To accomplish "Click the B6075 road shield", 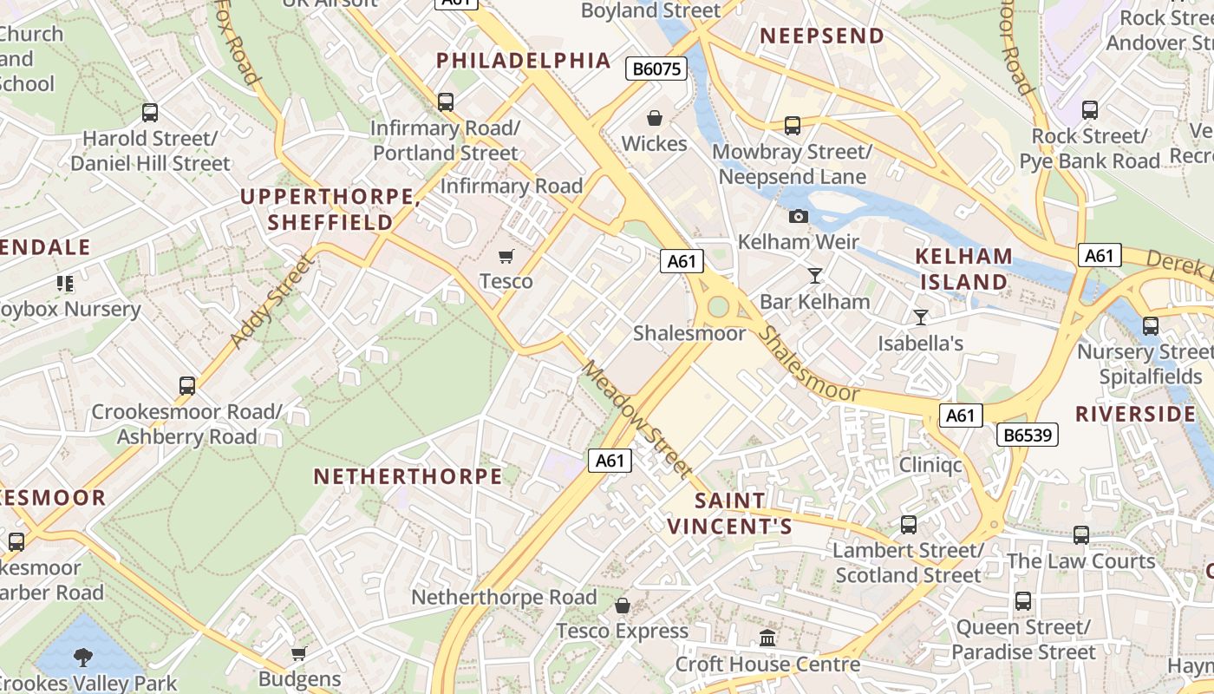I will click(x=656, y=69).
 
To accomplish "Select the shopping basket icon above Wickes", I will click(x=655, y=117).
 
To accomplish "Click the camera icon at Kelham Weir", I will click(x=799, y=216).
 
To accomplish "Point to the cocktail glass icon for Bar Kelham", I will click(x=814, y=276).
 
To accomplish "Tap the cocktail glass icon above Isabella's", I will click(x=920, y=318).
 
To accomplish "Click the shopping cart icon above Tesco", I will click(x=506, y=256).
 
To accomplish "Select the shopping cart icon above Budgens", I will click(x=299, y=653).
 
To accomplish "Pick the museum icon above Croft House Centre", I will click(x=767, y=638).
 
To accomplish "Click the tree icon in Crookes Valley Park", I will click(x=83, y=657).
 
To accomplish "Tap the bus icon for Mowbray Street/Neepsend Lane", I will click(x=793, y=126).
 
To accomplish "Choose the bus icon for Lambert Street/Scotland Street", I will click(x=908, y=524).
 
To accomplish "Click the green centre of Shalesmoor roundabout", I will click(x=718, y=306).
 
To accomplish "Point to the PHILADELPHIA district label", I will click(x=524, y=61).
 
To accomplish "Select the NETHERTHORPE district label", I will click(x=408, y=476).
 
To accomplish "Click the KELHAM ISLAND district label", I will click(x=964, y=269).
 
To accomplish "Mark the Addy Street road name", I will click(x=271, y=302).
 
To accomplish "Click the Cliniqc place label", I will click(x=930, y=465).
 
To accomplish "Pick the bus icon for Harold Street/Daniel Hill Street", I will click(x=150, y=112).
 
